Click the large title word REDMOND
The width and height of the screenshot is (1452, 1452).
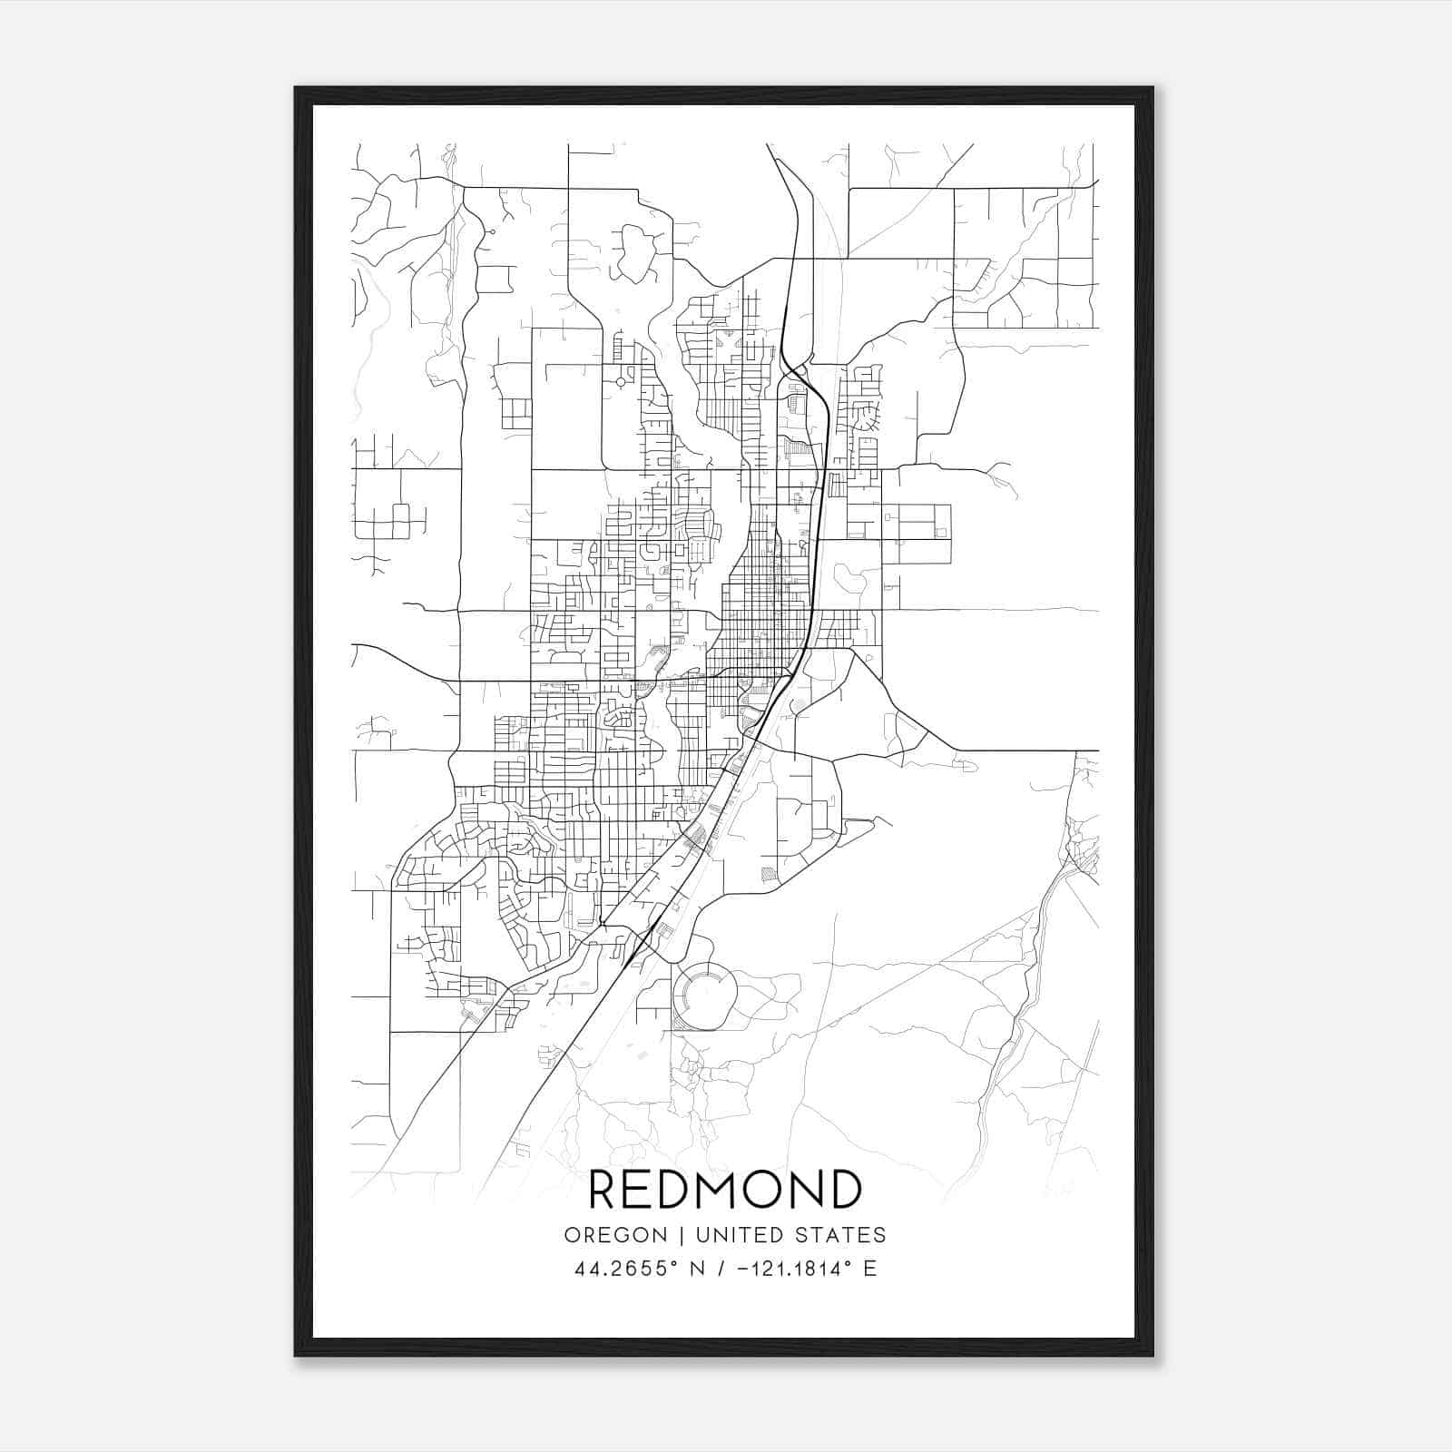tap(725, 1189)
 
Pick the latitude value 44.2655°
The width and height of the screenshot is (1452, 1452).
tap(625, 1269)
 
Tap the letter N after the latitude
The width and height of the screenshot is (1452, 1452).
tap(697, 1269)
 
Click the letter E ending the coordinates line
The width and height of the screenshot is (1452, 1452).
tap(870, 1269)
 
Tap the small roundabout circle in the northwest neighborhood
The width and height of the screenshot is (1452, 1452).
tap(621, 382)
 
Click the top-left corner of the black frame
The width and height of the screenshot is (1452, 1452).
tap(296, 89)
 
